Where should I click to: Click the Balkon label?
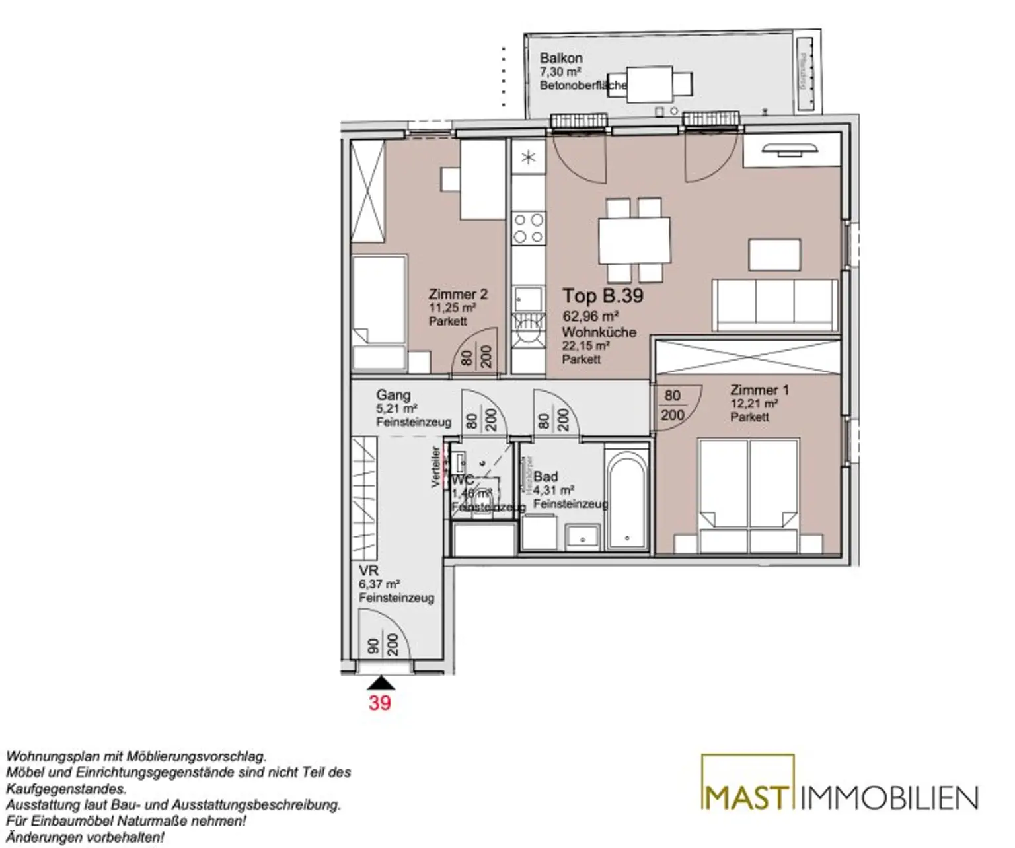pyautogui.click(x=560, y=58)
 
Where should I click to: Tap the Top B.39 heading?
pyautogui.click(x=602, y=296)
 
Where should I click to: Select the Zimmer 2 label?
pyautogui.click(x=457, y=295)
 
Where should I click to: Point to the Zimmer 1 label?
pyautogui.click(x=759, y=390)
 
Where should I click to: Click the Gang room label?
pyautogui.click(x=393, y=395)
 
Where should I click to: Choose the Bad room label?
pyautogui.click(x=546, y=476)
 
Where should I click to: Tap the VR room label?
pyautogui.click(x=368, y=571)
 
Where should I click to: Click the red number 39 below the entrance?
pyautogui.click(x=379, y=703)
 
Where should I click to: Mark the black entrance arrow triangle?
pyautogui.click(x=380, y=683)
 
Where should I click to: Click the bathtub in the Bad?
pyautogui.click(x=627, y=499)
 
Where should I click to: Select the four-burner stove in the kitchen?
pyautogui.click(x=529, y=228)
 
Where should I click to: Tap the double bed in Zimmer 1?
pyautogui.click(x=749, y=495)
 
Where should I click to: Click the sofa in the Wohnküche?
pyautogui.click(x=774, y=304)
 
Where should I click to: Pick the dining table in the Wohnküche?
pyautogui.click(x=634, y=240)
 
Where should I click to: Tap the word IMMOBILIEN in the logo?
pyautogui.click(x=889, y=798)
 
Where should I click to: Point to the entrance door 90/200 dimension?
pyautogui.click(x=383, y=645)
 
